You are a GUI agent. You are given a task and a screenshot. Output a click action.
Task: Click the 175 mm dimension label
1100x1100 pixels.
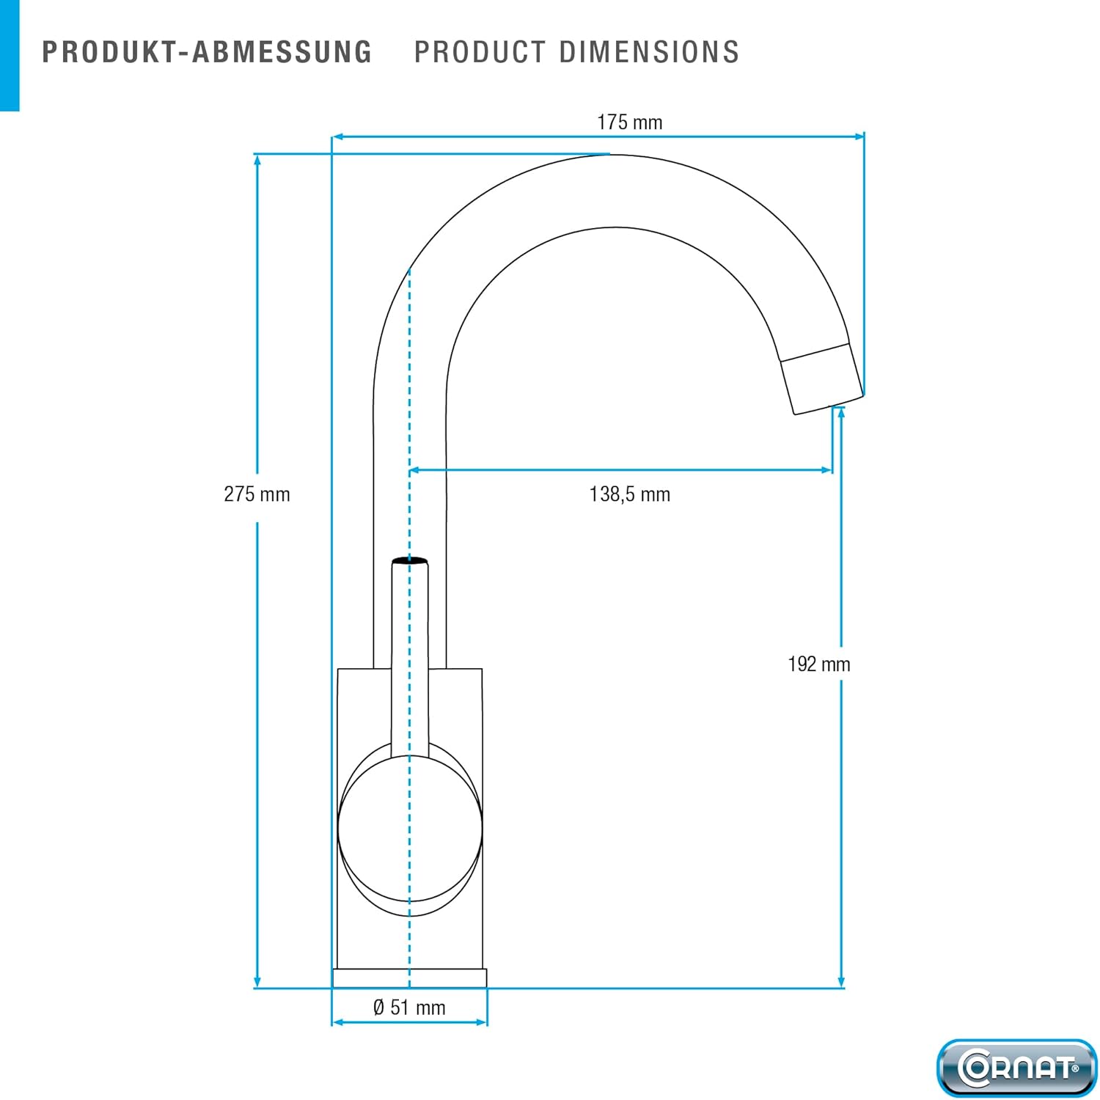point(629,122)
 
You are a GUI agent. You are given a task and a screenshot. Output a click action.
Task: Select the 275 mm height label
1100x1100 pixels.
point(257,494)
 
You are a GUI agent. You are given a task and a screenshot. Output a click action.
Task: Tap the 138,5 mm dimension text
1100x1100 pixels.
point(630,494)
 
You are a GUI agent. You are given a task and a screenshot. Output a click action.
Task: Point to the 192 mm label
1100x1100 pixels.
point(819,664)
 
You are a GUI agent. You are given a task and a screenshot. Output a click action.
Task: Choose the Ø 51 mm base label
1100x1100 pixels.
point(409,1008)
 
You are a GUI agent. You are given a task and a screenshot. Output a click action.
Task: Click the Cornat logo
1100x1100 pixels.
point(1016,1067)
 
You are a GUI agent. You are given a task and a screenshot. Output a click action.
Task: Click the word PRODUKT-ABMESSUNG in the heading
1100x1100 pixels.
point(207,52)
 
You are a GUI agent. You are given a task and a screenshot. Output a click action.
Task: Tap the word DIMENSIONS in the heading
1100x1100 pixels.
point(650,52)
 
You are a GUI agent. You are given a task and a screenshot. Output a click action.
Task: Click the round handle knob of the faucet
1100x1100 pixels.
point(410,829)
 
